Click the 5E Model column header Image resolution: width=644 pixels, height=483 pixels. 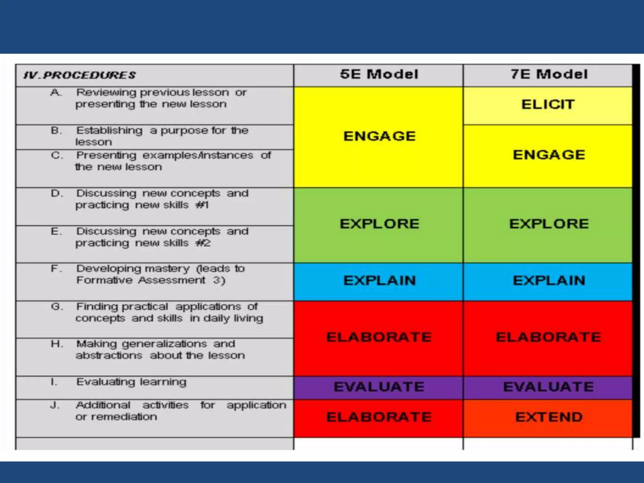(379, 75)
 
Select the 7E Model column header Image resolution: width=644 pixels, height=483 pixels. (549, 75)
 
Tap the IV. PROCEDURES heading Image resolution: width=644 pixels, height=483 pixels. (80, 75)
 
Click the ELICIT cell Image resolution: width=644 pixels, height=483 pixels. (548, 104)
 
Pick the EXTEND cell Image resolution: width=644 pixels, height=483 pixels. (549, 417)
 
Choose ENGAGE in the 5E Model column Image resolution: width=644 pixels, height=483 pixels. (380, 136)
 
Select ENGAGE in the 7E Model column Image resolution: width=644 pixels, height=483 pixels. (549, 155)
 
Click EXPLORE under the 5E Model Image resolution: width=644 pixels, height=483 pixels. (380, 224)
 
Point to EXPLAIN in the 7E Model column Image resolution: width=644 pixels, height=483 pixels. (549, 280)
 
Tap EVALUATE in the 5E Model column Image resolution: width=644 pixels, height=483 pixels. (379, 387)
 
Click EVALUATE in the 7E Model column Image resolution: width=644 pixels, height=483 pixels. (548, 387)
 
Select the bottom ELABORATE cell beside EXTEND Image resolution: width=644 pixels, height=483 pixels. (379, 417)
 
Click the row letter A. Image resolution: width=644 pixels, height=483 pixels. (56, 92)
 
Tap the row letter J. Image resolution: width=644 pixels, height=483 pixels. (54, 405)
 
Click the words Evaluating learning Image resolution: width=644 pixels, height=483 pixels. (131, 382)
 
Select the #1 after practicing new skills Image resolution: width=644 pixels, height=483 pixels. (202, 205)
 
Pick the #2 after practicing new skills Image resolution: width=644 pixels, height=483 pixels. (203, 243)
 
